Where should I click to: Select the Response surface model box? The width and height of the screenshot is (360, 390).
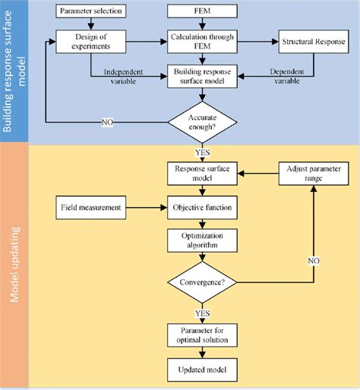pyautogui.click(x=201, y=173)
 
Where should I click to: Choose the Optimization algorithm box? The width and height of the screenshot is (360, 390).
pyautogui.click(x=201, y=241)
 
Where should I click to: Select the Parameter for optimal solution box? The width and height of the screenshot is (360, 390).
pyautogui.click(x=201, y=335)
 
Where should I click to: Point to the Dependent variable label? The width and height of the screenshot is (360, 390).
pyautogui.click(x=290, y=77)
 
